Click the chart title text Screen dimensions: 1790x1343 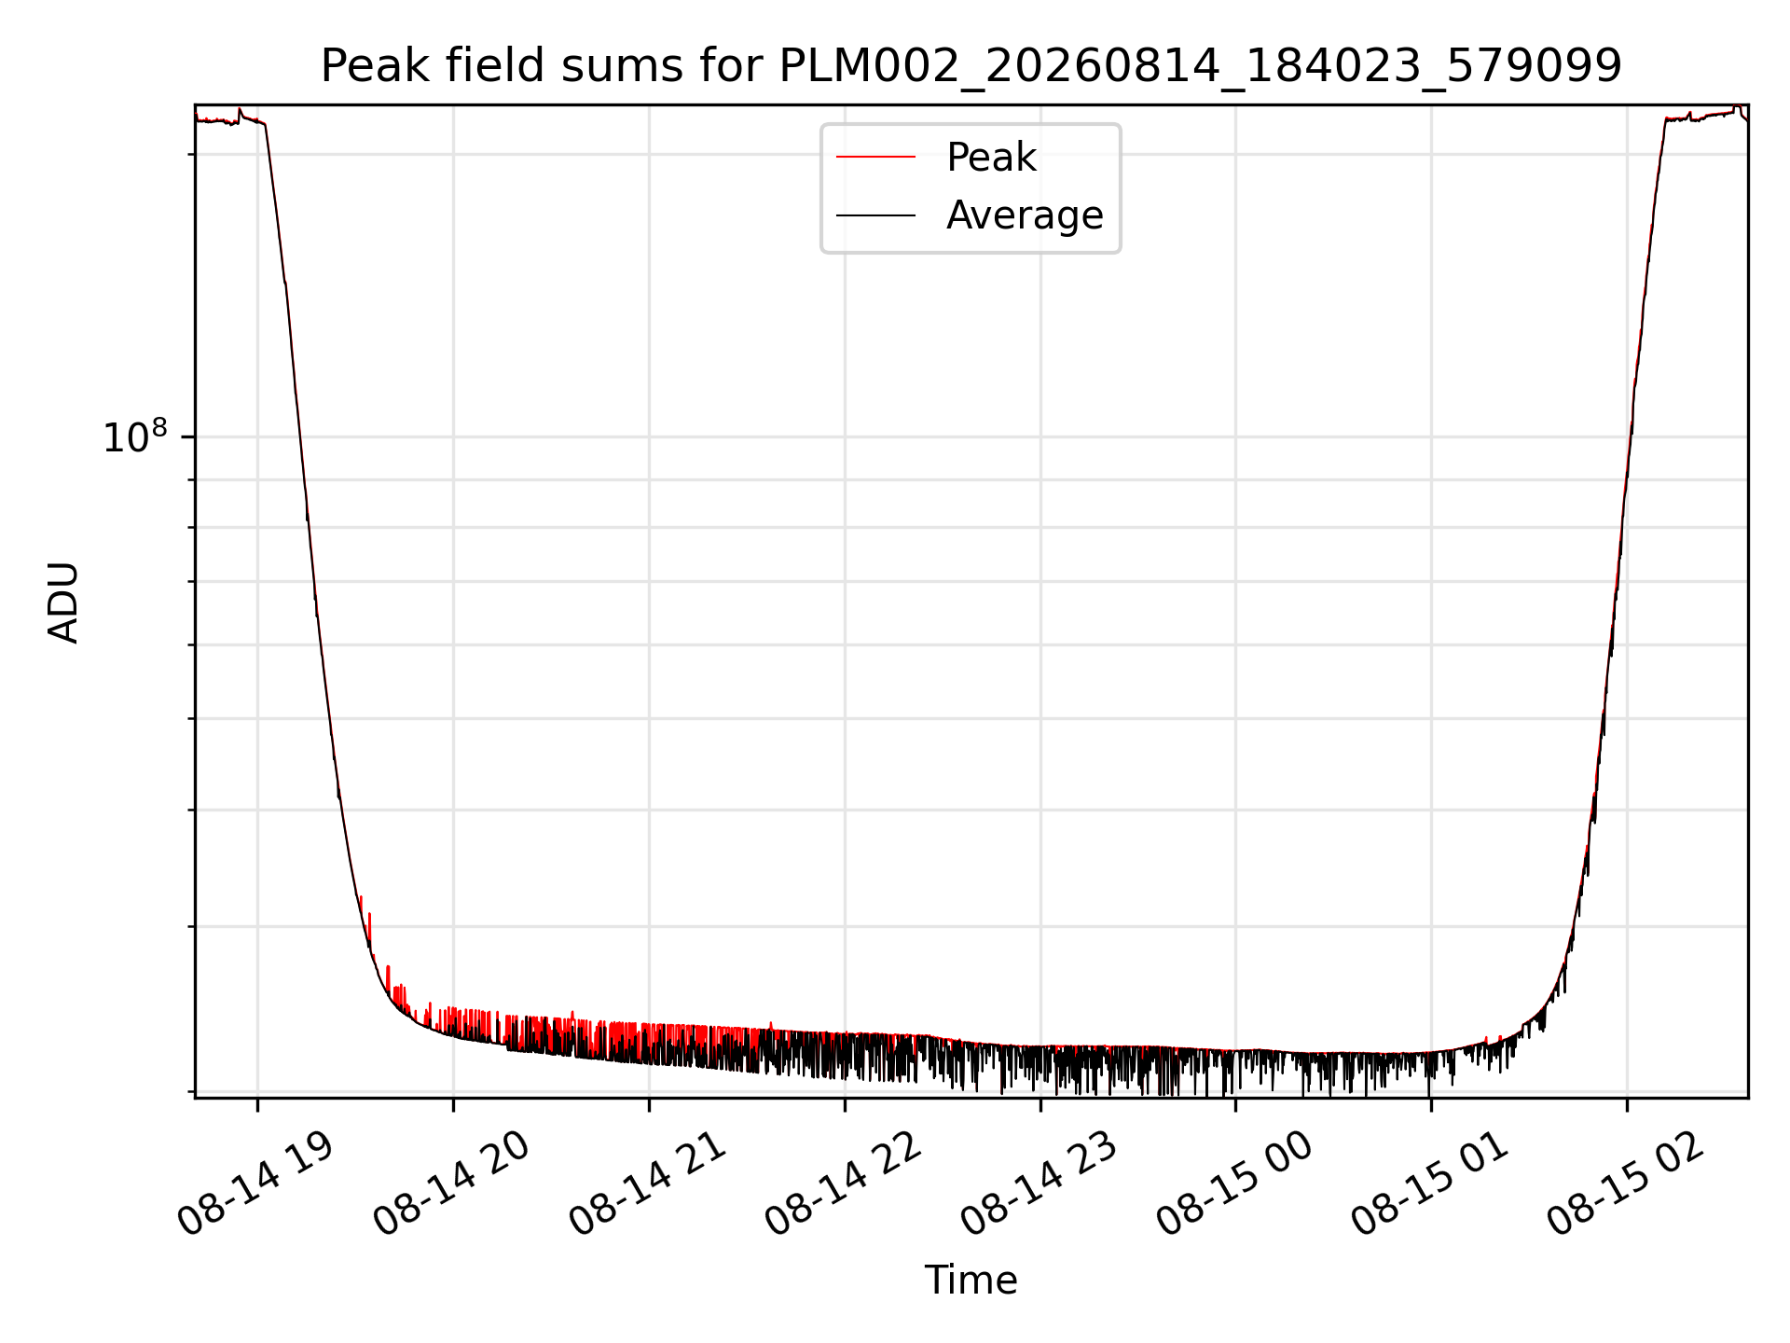[971, 66]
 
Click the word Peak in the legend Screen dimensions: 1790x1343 [991, 158]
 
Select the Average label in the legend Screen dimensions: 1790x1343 [1025, 215]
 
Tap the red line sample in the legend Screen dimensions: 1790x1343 [875, 158]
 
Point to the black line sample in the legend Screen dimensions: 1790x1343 [875, 215]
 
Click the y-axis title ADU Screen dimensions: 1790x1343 [63, 602]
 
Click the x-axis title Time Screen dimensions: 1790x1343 [971, 1280]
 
